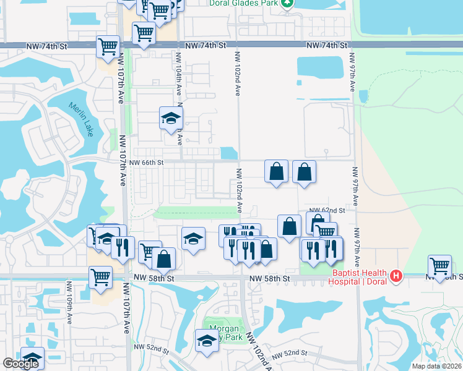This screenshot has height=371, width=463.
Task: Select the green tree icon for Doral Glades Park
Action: (287, 2)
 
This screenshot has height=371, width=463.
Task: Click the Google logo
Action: (20, 364)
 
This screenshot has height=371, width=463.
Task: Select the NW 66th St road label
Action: (147, 162)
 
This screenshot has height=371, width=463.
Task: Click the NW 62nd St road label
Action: (327, 210)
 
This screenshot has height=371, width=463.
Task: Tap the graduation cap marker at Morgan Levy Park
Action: (207, 339)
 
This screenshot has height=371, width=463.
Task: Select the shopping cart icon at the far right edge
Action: (439, 265)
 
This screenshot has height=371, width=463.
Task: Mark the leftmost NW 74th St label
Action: (47, 46)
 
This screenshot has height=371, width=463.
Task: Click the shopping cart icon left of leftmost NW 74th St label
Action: (108, 46)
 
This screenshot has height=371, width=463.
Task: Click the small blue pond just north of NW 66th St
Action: (228, 153)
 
